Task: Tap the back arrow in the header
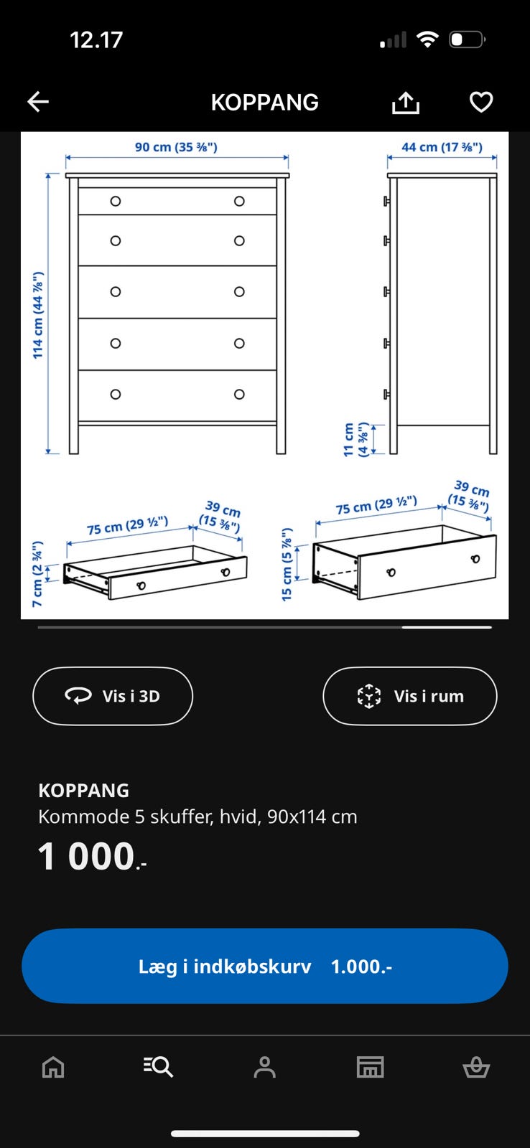point(38,101)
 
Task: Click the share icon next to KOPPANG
point(406,102)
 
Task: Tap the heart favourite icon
point(481,102)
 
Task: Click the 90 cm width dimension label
point(176,147)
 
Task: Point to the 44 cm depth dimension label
point(442,147)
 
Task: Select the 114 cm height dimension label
point(38,315)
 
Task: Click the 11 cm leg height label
point(356,439)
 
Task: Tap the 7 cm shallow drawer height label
point(37,574)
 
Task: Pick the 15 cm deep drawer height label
point(287,564)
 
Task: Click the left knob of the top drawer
point(116,202)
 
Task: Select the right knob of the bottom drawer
point(239,394)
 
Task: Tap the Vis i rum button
point(410,696)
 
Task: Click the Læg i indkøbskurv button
point(265,966)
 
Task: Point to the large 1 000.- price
point(93,857)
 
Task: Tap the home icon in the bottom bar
point(53,1067)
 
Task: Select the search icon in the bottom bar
point(158,1067)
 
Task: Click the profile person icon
point(265,1067)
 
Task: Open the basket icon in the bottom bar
point(476,1068)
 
